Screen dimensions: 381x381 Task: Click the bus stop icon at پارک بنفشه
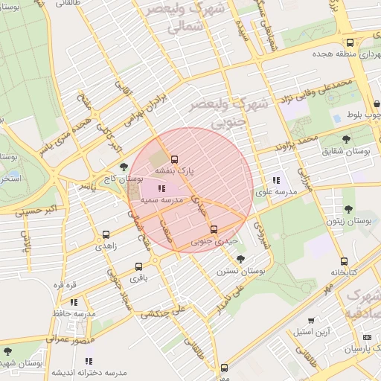pos(175,159)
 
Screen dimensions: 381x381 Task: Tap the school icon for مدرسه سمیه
pos(162,189)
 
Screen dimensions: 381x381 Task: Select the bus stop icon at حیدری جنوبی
pos(214,229)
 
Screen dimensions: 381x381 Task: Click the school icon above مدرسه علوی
pos(276,180)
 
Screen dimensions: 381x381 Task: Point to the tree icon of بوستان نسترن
pos(240,259)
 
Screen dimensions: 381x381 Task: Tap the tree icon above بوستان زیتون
pos(348,210)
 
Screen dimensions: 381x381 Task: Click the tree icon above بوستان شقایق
pos(345,139)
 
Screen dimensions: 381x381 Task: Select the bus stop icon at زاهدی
pos(105,235)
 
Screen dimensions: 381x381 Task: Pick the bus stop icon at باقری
pos(138,266)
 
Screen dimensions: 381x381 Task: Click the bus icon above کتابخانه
pos(344,261)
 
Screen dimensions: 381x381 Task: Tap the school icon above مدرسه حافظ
pos(74,302)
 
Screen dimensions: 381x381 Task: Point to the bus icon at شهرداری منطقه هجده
pos(350,42)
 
